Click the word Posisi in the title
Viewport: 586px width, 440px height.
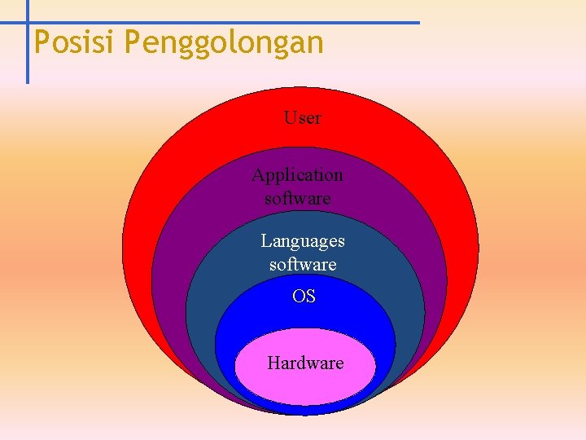tap(75, 42)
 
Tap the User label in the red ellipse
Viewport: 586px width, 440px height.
tap(302, 117)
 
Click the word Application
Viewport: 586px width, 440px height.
tap(297, 174)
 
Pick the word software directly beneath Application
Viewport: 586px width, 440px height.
tap(297, 198)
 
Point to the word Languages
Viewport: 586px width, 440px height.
tap(302, 240)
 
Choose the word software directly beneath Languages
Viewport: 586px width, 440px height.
tap(302, 265)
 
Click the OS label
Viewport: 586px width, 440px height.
tap(304, 297)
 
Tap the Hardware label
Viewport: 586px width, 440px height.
tap(305, 363)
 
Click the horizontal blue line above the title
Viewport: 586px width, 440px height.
tap(244, 23)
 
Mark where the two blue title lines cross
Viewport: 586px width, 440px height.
tap(27, 23)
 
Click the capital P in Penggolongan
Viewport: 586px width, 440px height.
tap(133, 42)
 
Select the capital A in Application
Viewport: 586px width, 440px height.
tap(258, 174)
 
